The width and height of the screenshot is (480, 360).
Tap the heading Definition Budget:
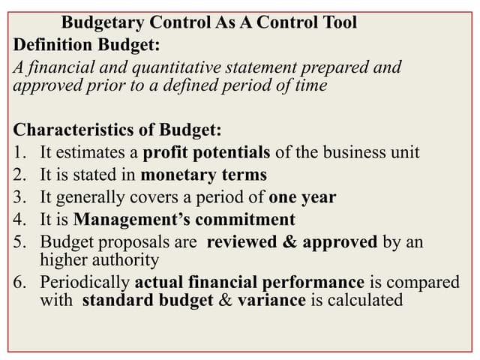pos(87,45)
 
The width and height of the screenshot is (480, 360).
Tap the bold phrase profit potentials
pos(206,153)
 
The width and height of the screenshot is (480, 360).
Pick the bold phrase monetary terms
pos(203,175)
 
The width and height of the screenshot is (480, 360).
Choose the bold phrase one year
pos(302,198)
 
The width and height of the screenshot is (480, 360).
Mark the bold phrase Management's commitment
pos(184,220)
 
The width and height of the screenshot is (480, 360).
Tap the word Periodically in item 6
pos(85,283)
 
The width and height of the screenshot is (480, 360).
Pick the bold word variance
pos(271,301)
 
